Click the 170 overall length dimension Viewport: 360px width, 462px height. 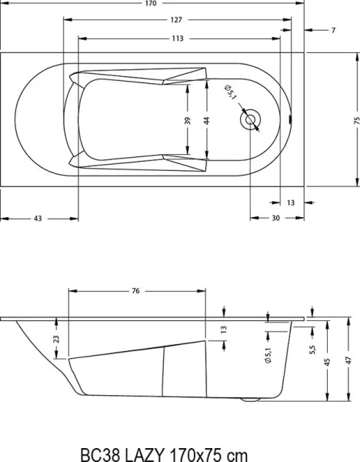click(178, 4)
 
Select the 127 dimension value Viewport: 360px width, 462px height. click(178, 21)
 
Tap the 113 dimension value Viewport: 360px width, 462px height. click(178, 38)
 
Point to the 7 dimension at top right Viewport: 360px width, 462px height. click(334, 30)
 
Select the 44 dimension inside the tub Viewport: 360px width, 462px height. click(207, 120)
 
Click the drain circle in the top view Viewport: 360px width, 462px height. click(252, 120)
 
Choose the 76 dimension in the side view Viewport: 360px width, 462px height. click(135, 292)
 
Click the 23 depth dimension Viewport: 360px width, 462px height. click(55, 339)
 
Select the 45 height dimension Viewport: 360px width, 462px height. click(328, 362)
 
